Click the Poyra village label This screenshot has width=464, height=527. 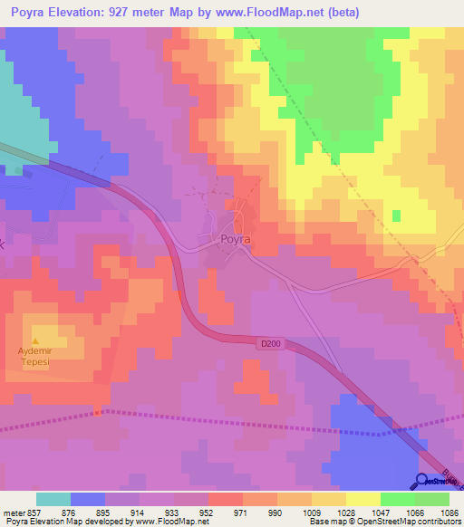[x=234, y=241]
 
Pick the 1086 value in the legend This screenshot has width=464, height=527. [x=450, y=513]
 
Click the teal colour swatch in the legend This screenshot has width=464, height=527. [x=53, y=499]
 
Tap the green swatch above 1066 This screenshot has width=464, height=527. [x=398, y=499]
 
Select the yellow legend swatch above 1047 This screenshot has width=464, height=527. [x=363, y=499]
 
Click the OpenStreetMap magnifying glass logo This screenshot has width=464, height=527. [x=423, y=481]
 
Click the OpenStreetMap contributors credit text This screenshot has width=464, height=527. [x=416, y=522]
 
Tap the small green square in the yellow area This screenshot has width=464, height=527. [x=396, y=215]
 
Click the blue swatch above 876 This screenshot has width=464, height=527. [x=88, y=499]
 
